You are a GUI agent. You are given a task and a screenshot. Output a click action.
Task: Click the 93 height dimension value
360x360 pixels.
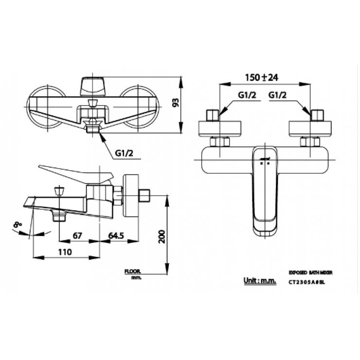(x=176, y=103)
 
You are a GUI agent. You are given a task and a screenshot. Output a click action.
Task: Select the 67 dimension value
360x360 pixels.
(x=77, y=235)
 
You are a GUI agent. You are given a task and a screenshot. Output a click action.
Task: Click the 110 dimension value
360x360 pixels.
(x=64, y=252)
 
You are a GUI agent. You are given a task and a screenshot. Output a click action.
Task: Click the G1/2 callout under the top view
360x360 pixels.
(x=124, y=154)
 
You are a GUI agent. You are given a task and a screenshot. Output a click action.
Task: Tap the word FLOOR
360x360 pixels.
(x=132, y=271)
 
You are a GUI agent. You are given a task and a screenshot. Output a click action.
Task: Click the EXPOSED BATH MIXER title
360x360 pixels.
(x=311, y=273)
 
